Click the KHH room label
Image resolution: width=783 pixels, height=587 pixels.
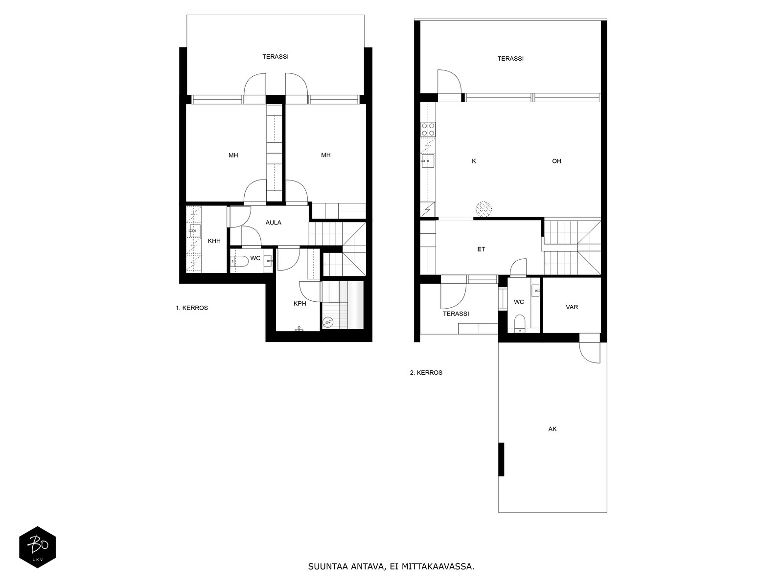coord(214,241)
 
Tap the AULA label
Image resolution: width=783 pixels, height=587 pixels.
coord(273,223)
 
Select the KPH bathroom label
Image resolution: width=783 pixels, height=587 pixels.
coord(299,304)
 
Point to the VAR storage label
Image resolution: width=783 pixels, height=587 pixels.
coord(572,307)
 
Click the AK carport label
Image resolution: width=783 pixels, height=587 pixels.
coord(552,429)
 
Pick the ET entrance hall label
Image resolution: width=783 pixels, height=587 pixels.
coord(481,249)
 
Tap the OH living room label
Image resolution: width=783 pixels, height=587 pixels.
coord(556,161)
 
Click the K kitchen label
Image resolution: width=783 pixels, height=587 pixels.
coord(474,161)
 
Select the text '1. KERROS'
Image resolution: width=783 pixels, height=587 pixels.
coord(191,308)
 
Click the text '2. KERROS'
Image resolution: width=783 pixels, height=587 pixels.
coord(426,372)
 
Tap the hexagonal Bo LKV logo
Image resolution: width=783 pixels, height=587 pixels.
coord(38,547)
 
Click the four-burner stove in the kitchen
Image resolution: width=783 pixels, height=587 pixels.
coord(428,129)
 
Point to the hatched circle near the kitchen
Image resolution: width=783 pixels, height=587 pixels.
coord(484,209)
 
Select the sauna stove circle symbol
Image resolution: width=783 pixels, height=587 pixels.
coord(327,323)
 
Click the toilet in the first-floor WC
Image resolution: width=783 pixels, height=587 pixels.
coord(240,261)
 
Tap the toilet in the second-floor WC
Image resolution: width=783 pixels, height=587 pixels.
coord(520,322)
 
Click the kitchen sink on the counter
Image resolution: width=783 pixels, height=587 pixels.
coord(428,161)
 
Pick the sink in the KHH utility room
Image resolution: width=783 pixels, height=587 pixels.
coord(194,230)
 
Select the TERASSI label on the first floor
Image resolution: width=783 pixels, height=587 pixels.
coord(276,57)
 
